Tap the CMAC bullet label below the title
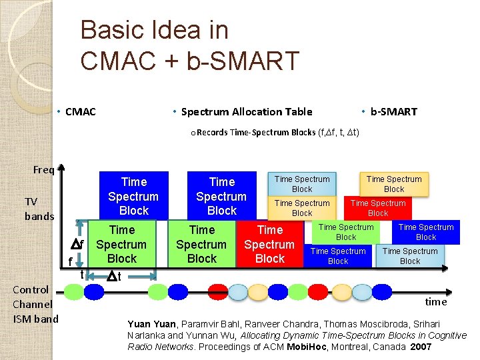click(x=80, y=111)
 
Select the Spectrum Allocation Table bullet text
click(x=246, y=111)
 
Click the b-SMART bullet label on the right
click(x=393, y=111)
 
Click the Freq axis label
click(x=43, y=169)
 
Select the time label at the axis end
click(x=435, y=301)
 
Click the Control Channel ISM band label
click(x=35, y=304)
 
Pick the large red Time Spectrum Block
click(x=269, y=244)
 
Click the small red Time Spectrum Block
click(x=378, y=208)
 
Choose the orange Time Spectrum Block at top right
click(x=394, y=184)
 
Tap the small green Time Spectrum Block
click(x=346, y=232)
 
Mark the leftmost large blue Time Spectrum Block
click(x=133, y=195)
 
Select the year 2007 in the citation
click(x=421, y=347)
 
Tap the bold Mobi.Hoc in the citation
click(x=307, y=347)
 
